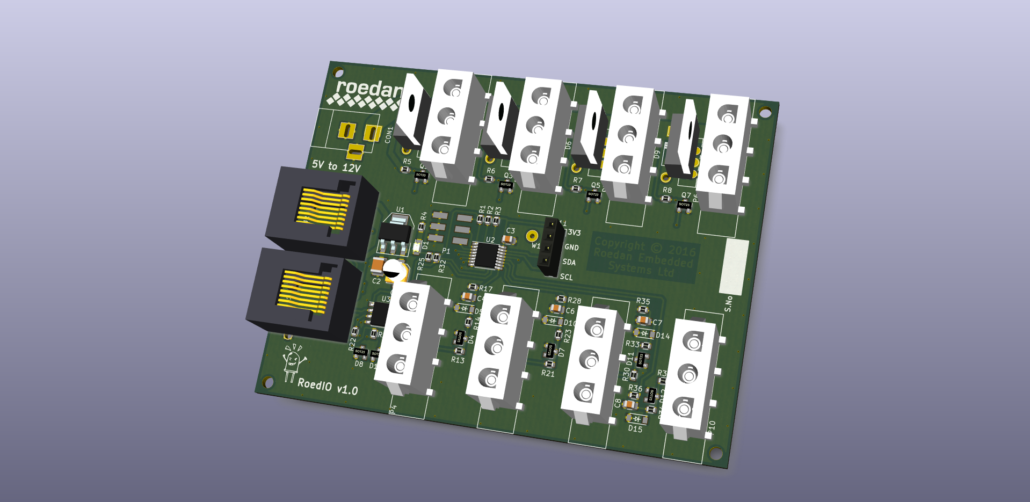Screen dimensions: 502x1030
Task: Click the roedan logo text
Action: tap(368, 89)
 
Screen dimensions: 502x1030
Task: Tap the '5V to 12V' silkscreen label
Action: tap(336, 166)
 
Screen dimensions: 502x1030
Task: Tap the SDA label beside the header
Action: tap(569, 262)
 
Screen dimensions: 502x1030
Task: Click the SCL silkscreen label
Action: tap(566, 277)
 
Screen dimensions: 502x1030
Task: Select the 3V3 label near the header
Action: tap(574, 232)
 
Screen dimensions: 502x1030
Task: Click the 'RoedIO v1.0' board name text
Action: tap(328, 386)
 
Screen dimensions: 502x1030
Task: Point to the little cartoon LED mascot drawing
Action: tap(293, 361)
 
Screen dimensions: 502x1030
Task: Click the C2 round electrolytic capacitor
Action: tap(395, 270)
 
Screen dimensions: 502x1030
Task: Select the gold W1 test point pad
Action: tap(532, 236)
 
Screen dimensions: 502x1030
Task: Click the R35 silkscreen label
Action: tap(643, 301)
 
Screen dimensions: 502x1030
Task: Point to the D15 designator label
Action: tap(635, 428)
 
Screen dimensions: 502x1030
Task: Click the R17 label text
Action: tap(485, 289)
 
